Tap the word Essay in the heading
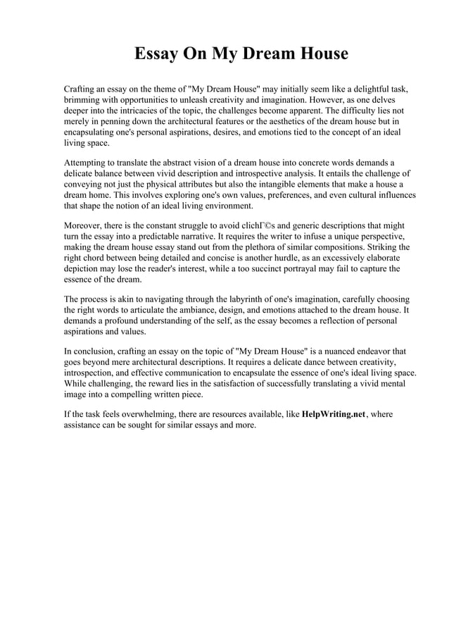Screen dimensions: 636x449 point(159,54)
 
